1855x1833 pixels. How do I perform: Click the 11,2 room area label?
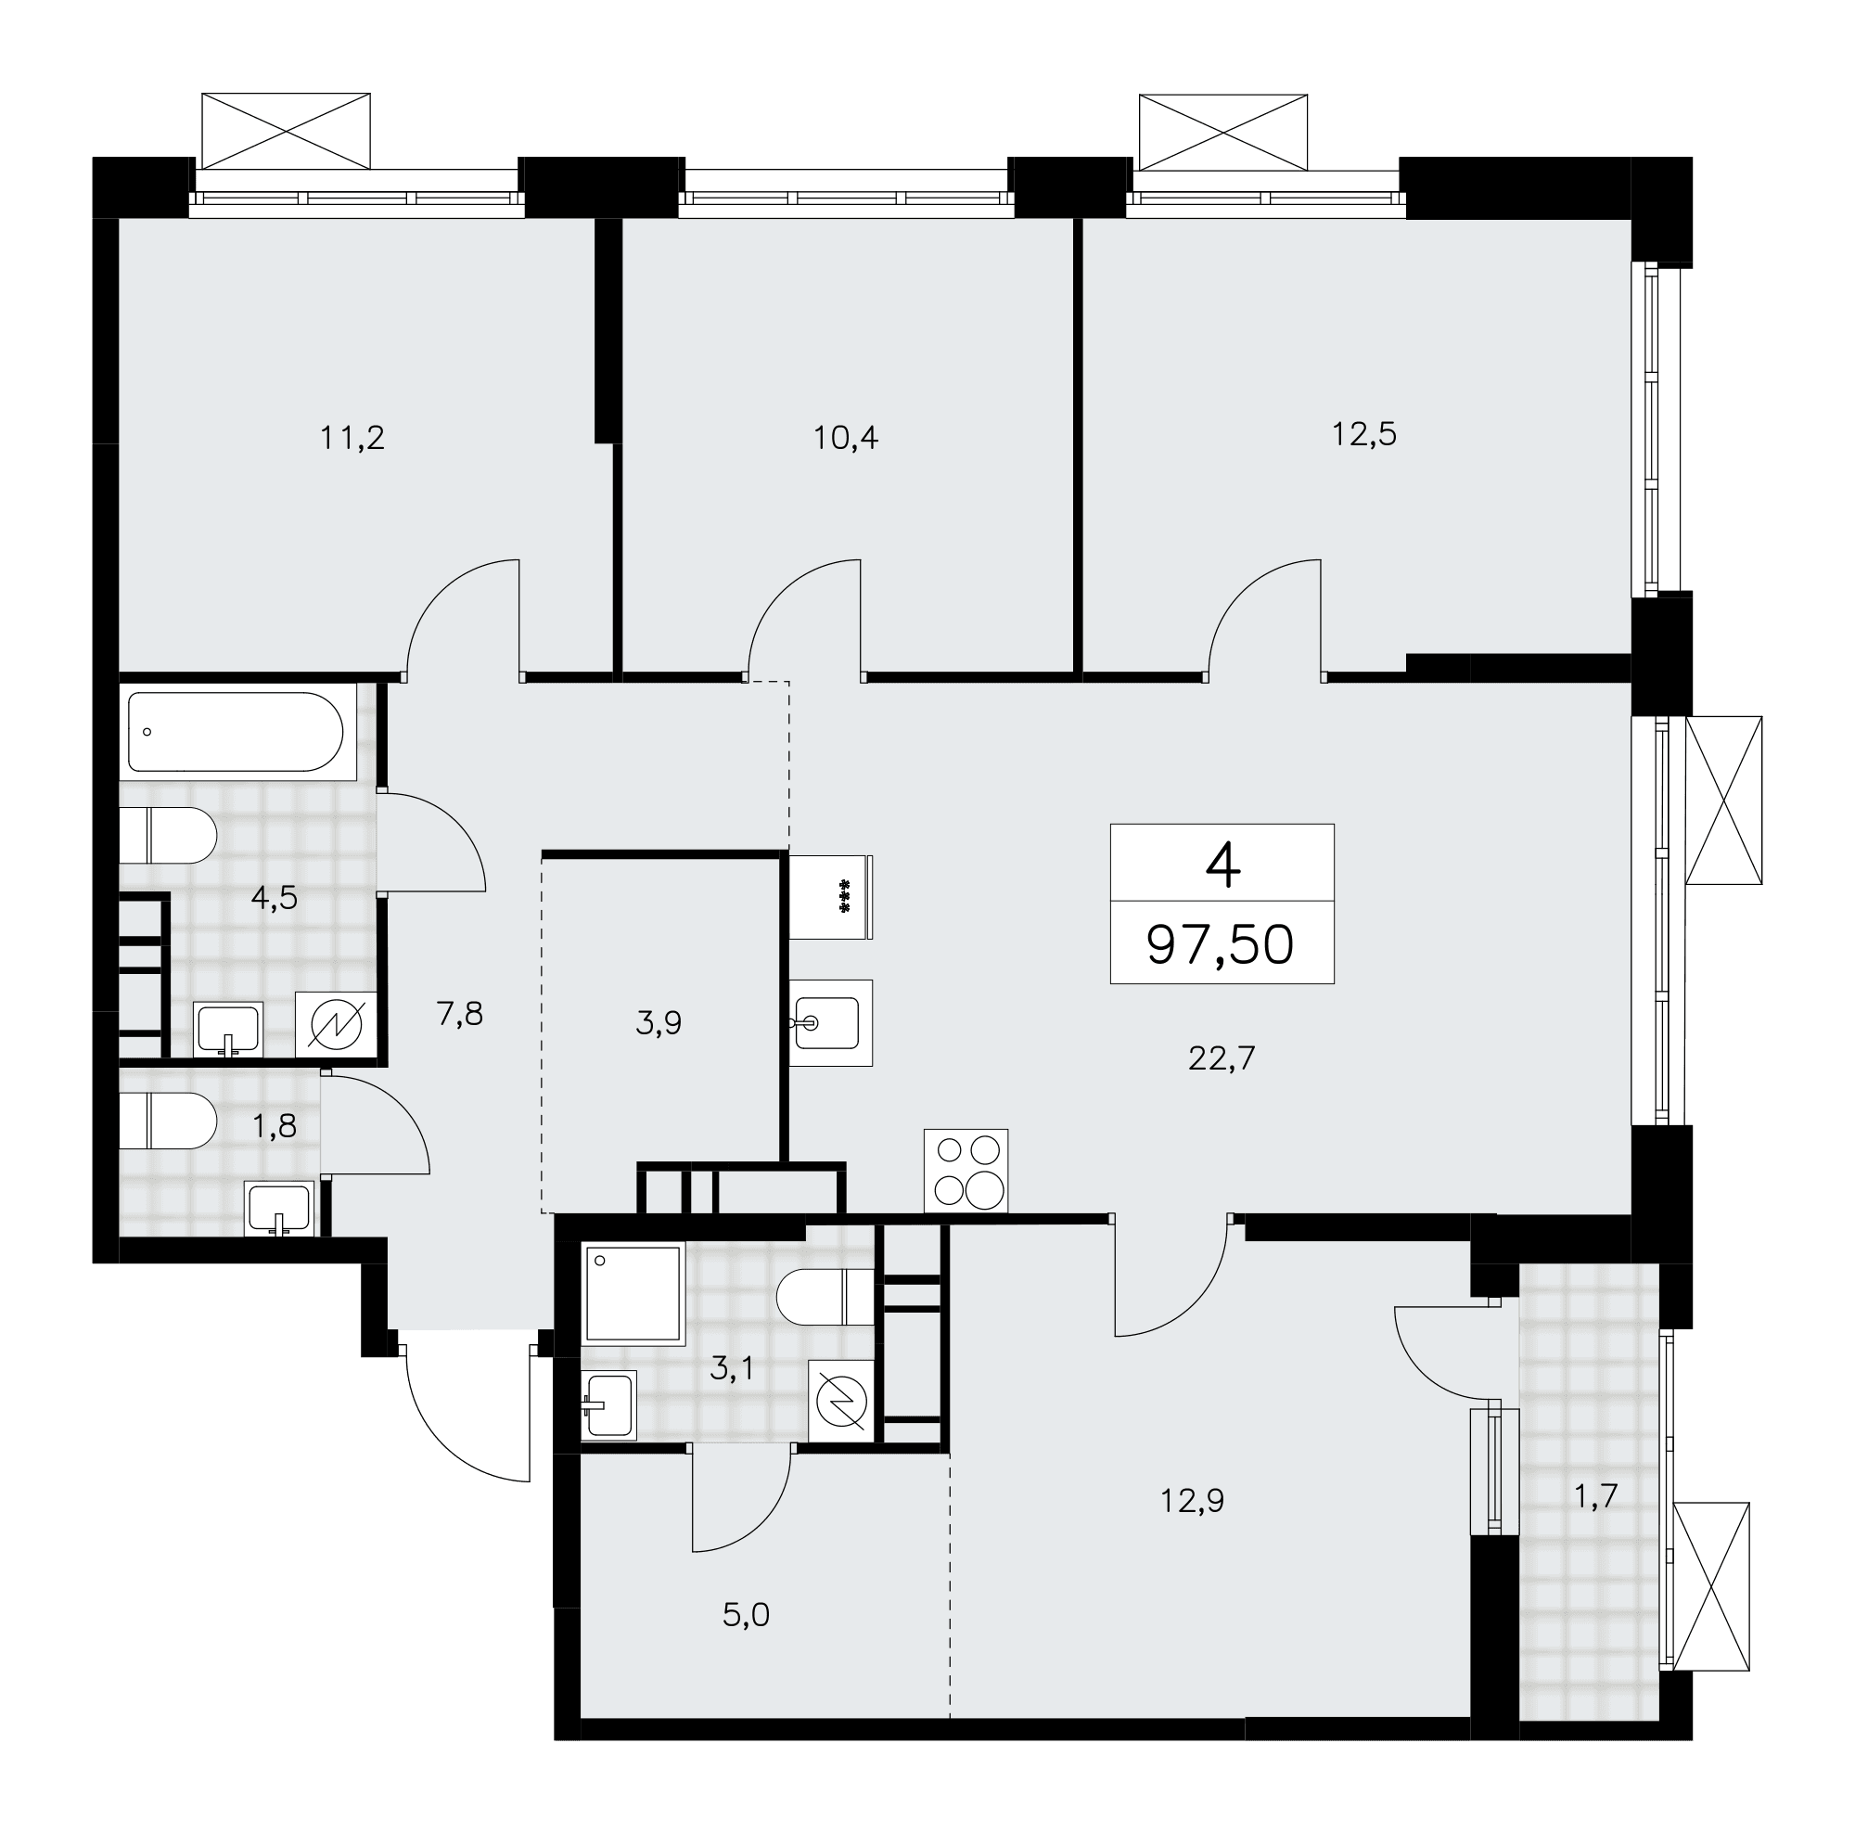352,439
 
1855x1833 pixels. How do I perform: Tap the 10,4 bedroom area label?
846,439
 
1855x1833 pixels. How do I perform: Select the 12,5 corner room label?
1363,435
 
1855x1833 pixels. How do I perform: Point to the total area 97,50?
1221,945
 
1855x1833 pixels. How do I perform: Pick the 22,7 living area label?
1222,1058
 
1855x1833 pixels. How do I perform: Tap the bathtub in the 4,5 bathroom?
236,732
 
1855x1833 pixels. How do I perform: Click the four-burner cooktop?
966,1170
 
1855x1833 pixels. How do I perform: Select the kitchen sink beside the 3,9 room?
830,1022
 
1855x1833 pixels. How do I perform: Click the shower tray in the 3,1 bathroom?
633,1292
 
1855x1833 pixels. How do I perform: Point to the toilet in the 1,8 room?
169,1121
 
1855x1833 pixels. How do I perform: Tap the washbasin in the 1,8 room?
278,1207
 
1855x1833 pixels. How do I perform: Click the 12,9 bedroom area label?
1192,1500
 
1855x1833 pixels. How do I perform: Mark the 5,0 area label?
746,1615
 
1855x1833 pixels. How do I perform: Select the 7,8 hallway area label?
460,1013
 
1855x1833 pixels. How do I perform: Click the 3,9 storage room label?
659,1022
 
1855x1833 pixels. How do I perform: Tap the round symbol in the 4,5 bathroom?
336,1025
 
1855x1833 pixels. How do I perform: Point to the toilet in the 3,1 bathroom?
825,1297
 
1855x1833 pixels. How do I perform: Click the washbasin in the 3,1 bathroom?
608,1405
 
